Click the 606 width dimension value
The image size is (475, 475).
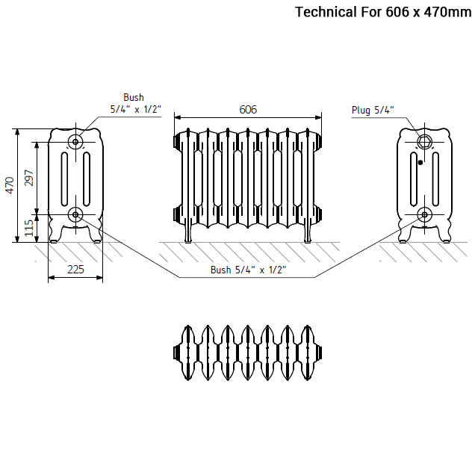pyautogui.click(x=248, y=110)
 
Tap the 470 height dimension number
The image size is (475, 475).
pyautogui.click(x=10, y=185)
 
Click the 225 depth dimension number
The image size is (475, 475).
pyautogui.click(x=75, y=269)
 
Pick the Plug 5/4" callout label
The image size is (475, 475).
pyautogui.click(x=373, y=111)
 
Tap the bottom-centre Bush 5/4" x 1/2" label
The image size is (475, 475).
pyautogui.click(x=248, y=270)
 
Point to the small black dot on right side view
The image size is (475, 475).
pyautogui.click(x=420, y=162)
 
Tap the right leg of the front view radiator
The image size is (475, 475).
pyautogui.click(x=307, y=233)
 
